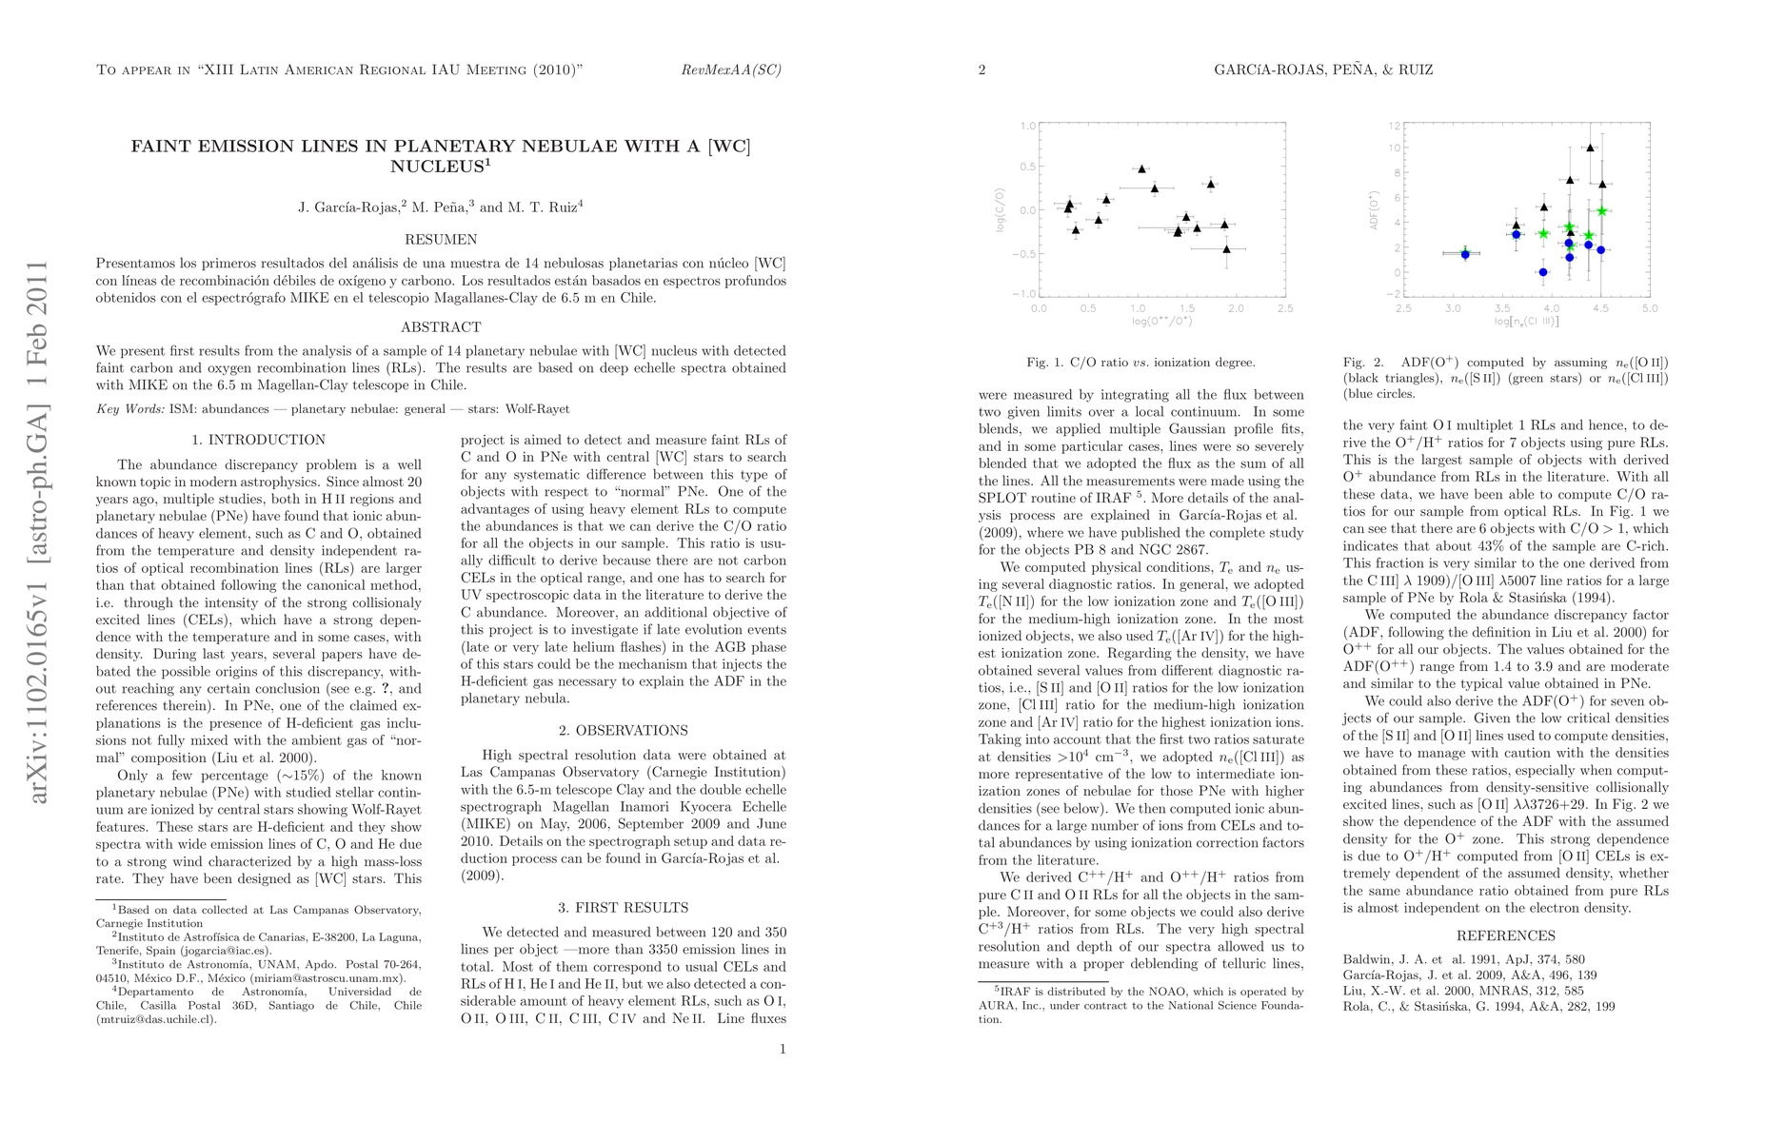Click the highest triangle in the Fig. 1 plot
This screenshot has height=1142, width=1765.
coord(1141,168)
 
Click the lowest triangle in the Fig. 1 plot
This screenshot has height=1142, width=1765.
coord(1226,248)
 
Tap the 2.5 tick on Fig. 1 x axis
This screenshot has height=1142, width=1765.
coord(1285,308)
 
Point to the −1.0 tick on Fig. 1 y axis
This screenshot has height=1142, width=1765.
coord(1028,294)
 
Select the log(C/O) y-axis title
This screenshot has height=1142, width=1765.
coord(1001,210)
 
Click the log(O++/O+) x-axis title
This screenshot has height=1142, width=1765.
coord(1162,322)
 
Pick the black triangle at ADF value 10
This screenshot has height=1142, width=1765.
coord(1590,148)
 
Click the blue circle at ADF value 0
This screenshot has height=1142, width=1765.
coord(1543,272)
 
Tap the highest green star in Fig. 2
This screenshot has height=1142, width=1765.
coord(1602,210)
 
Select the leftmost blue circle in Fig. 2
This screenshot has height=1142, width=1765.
coord(1465,254)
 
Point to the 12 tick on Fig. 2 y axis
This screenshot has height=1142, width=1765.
coord(1395,126)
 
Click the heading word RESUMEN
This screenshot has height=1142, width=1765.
coord(441,240)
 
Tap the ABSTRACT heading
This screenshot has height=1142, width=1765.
coord(441,327)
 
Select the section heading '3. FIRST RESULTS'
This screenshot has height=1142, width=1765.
coord(624,908)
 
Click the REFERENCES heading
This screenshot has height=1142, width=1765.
coord(1505,935)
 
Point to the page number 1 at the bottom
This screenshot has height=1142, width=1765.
coord(783,1050)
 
